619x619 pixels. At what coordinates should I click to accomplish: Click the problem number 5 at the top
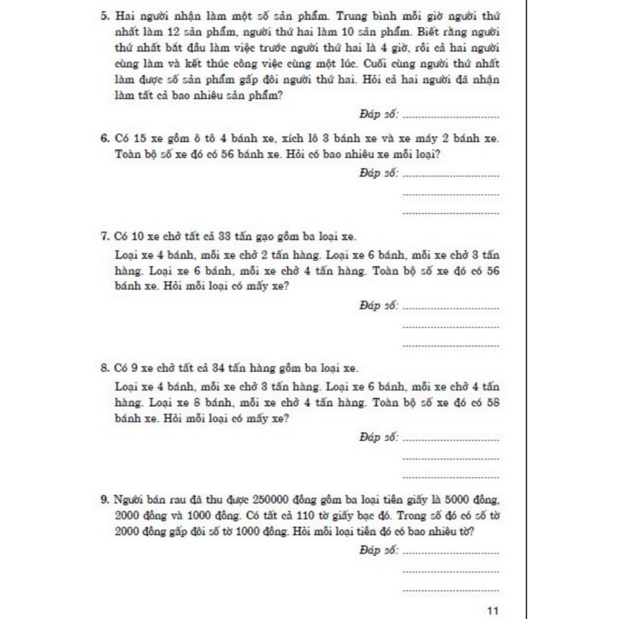click(104, 16)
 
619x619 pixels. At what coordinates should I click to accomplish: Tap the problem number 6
click(104, 138)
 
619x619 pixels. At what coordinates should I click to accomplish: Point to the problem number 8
click(104, 368)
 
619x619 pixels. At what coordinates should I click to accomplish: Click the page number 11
click(492, 611)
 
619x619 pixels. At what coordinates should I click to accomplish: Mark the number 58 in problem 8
click(493, 403)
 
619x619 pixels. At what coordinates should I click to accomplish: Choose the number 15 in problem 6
click(140, 138)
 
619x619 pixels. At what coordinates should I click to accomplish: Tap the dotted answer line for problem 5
click(450, 116)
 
